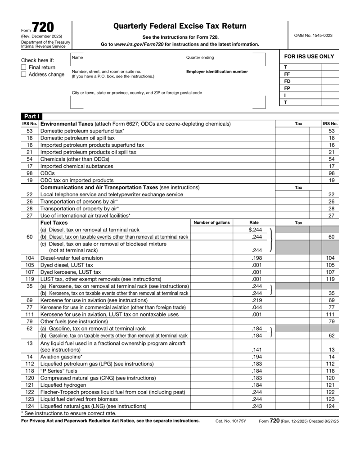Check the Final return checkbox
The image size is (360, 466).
coord(24,67)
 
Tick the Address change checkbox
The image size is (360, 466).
coord(24,74)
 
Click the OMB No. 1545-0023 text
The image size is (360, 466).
coord(313,35)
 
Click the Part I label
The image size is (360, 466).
coord(30,117)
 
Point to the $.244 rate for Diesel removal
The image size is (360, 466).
coord(255,230)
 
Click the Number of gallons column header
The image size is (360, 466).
coord(211,222)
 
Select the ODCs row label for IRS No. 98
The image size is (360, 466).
coord(47,173)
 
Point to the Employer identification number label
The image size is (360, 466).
coord(217,72)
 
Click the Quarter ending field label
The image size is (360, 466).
coord(200,58)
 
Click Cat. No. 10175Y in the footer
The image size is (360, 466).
coord(231,421)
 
